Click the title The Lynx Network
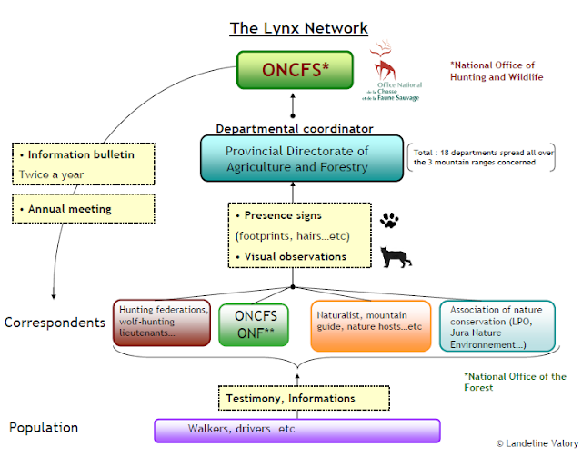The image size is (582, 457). pos(299,28)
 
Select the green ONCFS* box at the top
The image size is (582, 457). pos(295,70)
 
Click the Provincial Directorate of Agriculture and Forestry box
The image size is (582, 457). pos(302,158)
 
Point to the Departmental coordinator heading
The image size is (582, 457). pos(295,129)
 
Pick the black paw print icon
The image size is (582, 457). pos(389,220)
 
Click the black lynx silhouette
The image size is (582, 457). pos(396,257)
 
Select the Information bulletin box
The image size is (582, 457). pos(84,164)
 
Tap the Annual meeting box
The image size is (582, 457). pos(84,208)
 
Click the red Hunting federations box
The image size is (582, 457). pos(162,323)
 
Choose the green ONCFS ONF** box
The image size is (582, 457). pos(254,325)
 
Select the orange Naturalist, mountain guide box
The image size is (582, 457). pos(371,325)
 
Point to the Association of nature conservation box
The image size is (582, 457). pos(497,326)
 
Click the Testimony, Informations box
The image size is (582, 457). pos(304,398)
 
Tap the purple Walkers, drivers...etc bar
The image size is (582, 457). pos(297,431)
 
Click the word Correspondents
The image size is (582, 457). pos(55,323)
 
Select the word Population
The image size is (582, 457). pos(44,428)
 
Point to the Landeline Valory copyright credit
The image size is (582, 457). pos(537,443)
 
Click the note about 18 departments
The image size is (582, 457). pos(481,157)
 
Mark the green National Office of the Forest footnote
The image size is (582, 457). pos(516,382)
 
